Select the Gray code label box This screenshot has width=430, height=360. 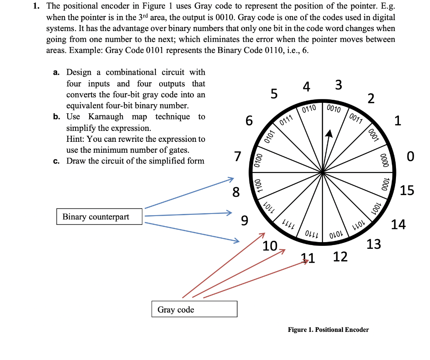(194, 309)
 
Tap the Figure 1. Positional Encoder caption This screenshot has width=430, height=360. (328, 329)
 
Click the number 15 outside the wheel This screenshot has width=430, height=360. (406, 190)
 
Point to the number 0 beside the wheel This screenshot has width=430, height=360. (410, 157)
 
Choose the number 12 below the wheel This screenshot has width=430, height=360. (340, 256)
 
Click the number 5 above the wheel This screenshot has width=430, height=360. (274, 94)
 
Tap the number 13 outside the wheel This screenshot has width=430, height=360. (374, 243)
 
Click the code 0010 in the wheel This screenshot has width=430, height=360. (334, 109)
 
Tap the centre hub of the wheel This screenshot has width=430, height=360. (322, 172)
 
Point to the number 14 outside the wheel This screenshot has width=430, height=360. (398, 225)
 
